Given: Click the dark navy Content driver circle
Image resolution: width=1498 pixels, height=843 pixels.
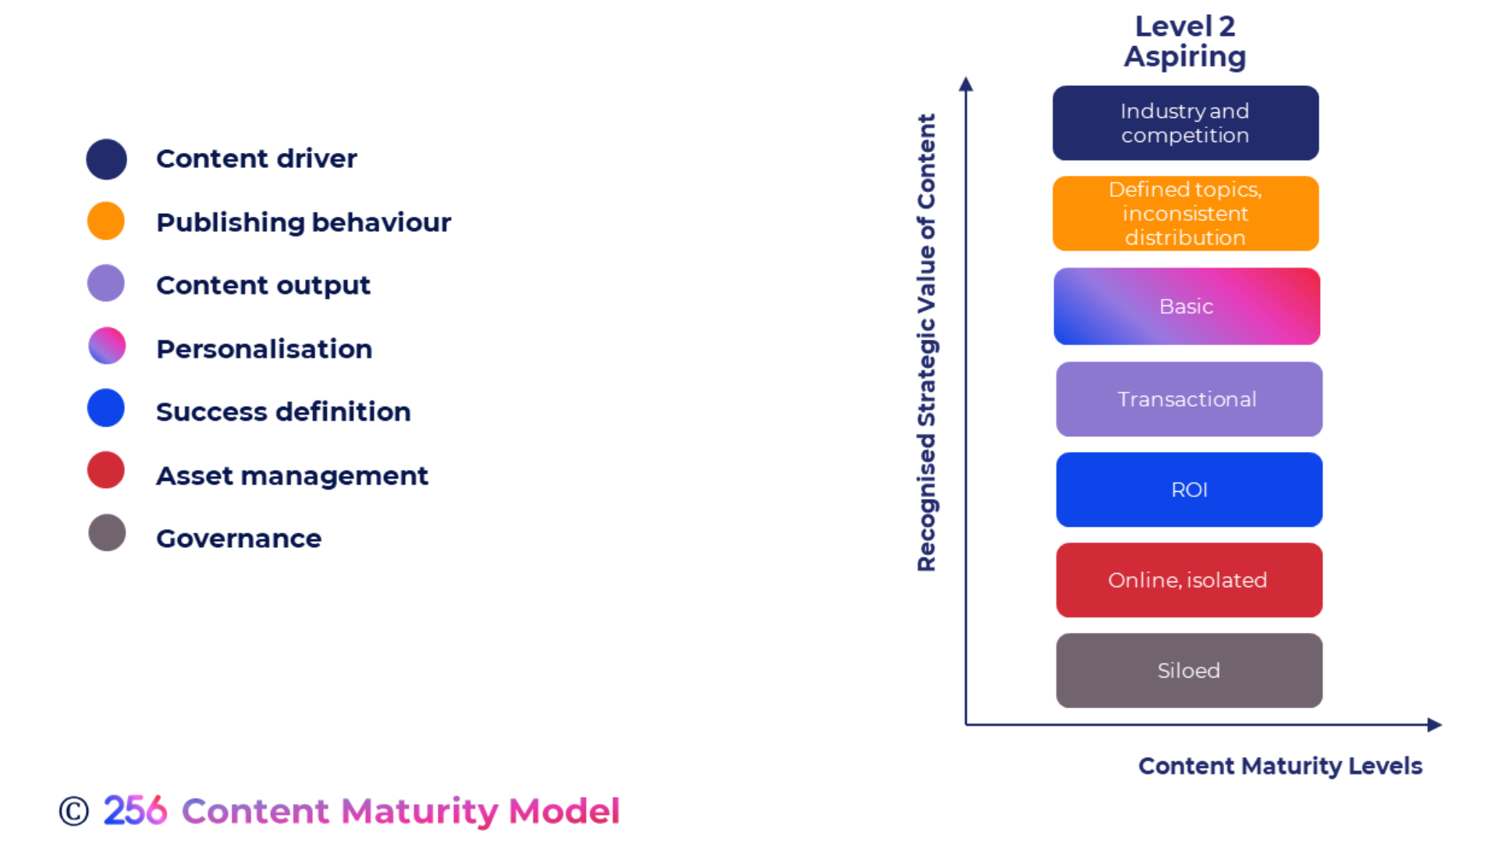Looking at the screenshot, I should (106, 159).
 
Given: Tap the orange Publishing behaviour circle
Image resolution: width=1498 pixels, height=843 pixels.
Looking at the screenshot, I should (106, 221).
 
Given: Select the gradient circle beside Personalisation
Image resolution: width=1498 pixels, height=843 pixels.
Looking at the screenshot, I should (107, 346).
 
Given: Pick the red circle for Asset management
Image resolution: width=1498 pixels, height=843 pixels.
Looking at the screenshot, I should (106, 470).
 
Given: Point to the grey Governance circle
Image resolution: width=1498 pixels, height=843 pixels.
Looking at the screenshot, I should (107, 533).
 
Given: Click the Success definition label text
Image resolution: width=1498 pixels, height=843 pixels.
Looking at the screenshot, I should (282, 411).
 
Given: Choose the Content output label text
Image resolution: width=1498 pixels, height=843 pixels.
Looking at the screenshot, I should (263, 285).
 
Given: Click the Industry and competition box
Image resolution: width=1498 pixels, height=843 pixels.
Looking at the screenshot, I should (1185, 123).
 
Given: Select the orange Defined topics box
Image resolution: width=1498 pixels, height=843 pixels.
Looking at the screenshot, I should (1185, 213).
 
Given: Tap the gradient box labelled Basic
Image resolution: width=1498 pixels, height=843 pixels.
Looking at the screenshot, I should (1186, 306).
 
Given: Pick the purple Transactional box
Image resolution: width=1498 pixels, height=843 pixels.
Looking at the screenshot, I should (1188, 399).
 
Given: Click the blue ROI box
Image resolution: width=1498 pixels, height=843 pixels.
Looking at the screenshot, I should (1188, 489).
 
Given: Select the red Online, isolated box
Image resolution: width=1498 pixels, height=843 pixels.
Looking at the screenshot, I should (1188, 580).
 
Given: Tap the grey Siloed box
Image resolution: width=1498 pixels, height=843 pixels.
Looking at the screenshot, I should (1188, 670).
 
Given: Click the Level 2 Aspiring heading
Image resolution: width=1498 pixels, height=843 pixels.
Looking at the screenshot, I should (1184, 41).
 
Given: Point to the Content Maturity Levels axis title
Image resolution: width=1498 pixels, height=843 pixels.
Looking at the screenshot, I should (1280, 766).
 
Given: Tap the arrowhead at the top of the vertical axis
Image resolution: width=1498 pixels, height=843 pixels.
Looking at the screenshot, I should (966, 84).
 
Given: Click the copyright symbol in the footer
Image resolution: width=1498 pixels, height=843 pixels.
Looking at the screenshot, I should (74, 811).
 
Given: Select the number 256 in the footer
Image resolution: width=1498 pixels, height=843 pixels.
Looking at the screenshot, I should (135, 811).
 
